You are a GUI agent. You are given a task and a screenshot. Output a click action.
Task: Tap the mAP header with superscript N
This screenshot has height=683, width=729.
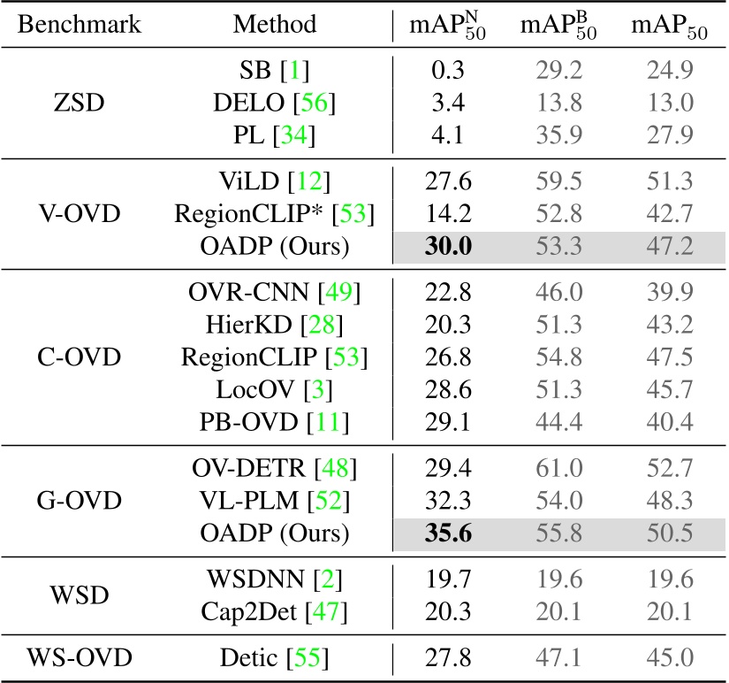(448, 26)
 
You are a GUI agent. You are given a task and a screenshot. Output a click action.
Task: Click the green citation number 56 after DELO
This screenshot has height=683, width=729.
(315, 104)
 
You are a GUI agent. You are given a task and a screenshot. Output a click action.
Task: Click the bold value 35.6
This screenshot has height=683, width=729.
(447, 533)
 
